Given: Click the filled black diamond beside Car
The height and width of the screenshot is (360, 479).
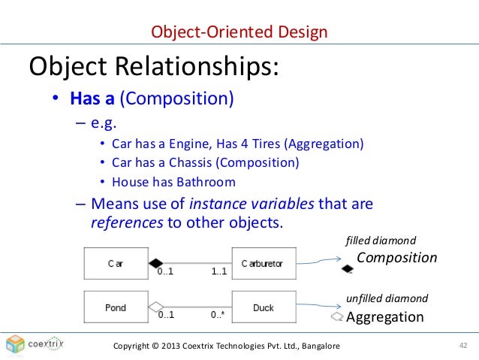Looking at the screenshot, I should (155, 263).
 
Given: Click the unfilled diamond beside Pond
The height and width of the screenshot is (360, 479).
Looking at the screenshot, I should (155, 307).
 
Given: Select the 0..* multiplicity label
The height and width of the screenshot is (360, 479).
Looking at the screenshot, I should (218, 316).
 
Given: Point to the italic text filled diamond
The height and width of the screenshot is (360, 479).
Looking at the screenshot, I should (381, 241).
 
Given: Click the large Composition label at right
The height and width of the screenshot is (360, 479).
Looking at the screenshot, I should (396, 258).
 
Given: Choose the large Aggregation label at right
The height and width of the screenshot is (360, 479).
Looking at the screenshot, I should (384, 317).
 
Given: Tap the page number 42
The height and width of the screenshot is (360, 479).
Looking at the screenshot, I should (462, 345).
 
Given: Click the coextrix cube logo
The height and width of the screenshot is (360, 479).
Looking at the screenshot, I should (16, 344).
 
